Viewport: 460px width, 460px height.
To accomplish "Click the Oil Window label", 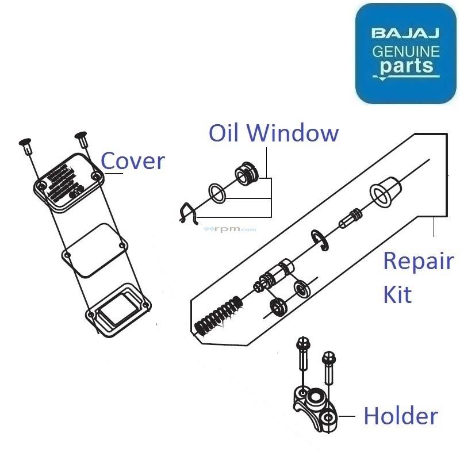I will click(273, 133).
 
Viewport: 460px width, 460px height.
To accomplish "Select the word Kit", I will click(397, 295).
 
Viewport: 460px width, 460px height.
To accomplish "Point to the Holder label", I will click(400, 416).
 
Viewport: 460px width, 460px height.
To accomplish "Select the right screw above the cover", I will click(81, 139).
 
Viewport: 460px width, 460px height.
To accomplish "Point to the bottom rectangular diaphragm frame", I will click(118, 308).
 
